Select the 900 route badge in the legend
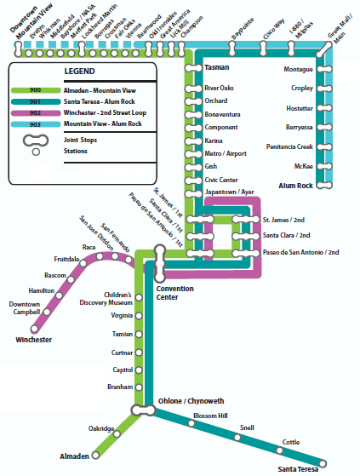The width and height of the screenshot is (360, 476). (35, 90)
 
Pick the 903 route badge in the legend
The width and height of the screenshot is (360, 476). (35, 123)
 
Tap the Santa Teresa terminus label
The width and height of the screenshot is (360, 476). (297, 468)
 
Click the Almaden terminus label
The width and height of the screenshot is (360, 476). (75, 457)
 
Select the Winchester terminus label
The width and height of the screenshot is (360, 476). (34, 340)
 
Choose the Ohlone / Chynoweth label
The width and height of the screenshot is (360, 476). (191, 400)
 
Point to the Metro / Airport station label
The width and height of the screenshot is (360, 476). (225, 153)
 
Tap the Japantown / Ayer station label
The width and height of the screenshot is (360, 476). (230, 192)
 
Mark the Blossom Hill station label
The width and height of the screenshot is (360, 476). (210, 415)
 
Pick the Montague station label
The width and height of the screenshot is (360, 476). (297, 70)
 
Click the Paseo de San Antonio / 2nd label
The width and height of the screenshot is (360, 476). (300, 252)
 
